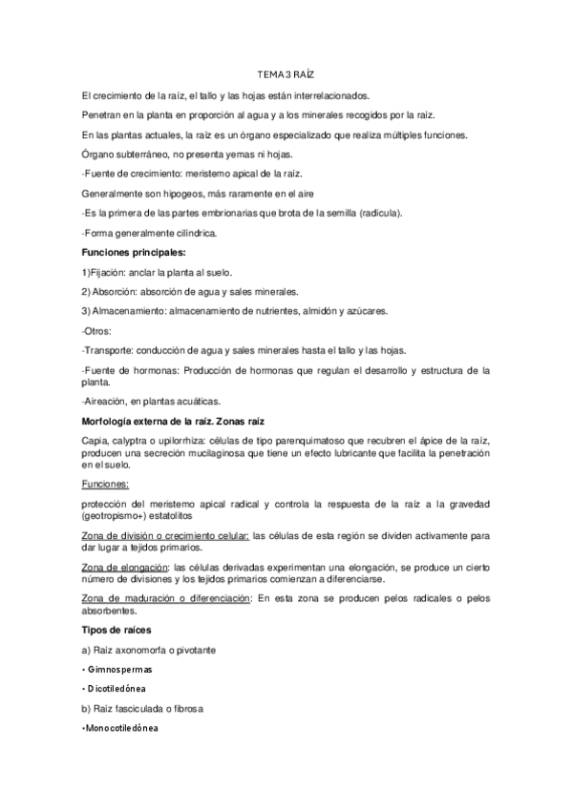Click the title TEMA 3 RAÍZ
point(285,73)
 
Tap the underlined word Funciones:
point(105,484)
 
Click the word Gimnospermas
point(121,669)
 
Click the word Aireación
point(108,401)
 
